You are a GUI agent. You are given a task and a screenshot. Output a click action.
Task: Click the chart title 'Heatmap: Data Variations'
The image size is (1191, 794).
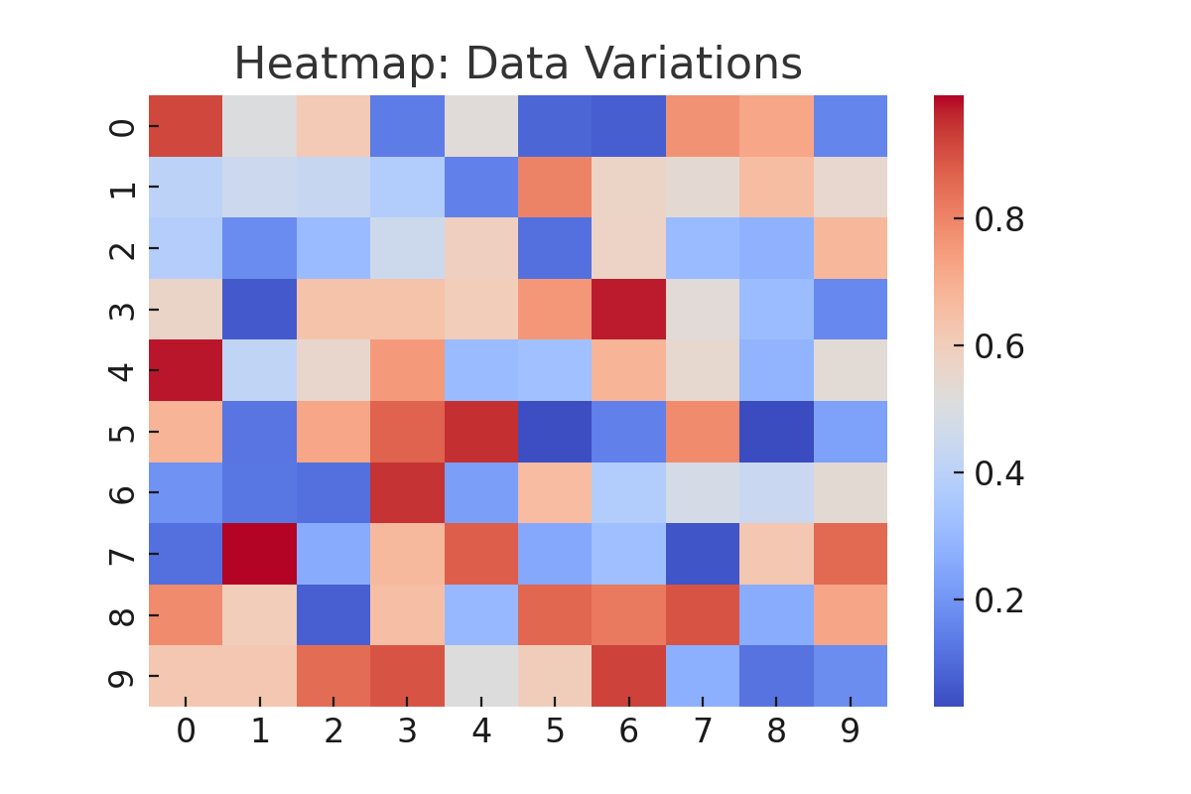click(x=517, y=66)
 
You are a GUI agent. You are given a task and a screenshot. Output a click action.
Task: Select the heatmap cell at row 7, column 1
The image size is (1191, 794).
click(x=259, y=554)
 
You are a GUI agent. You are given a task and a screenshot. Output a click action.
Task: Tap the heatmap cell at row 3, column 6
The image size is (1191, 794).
click(x=628, y=310)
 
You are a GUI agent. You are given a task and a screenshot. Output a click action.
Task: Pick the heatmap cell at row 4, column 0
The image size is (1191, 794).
click(x=186, y=370)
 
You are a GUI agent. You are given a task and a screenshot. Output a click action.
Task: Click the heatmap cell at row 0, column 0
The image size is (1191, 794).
click(x=186, y=126)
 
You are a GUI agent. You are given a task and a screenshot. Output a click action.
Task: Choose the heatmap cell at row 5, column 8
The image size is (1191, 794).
click(x=776, y=432)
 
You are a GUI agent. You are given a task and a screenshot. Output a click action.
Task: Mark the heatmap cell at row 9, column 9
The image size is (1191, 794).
click(x=851, y=676)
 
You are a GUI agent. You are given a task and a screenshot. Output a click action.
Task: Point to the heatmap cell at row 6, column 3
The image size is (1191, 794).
click(x=407, y=492)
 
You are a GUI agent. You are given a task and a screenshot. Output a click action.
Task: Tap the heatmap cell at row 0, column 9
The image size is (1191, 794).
click(x=851, y=126)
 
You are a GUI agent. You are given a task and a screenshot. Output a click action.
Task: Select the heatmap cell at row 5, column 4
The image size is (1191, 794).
click(x=480, y=432)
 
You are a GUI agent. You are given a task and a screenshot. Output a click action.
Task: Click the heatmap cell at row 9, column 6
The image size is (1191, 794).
click(x=628, y=676)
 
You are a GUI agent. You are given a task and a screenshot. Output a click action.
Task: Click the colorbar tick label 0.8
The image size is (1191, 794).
click(x=998, y=219)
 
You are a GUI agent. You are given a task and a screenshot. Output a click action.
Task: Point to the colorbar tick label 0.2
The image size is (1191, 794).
click(x=998, y=600)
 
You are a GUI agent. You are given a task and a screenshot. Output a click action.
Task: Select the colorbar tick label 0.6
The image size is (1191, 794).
click(x=998, y=346)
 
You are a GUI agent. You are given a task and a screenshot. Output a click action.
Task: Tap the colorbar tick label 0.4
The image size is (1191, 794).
click(x=998, y=473)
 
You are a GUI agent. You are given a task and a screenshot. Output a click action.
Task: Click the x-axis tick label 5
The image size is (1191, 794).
click(x=555, y=732)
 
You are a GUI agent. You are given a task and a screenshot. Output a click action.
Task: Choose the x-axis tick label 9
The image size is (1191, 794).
click(x=851, y=732)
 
